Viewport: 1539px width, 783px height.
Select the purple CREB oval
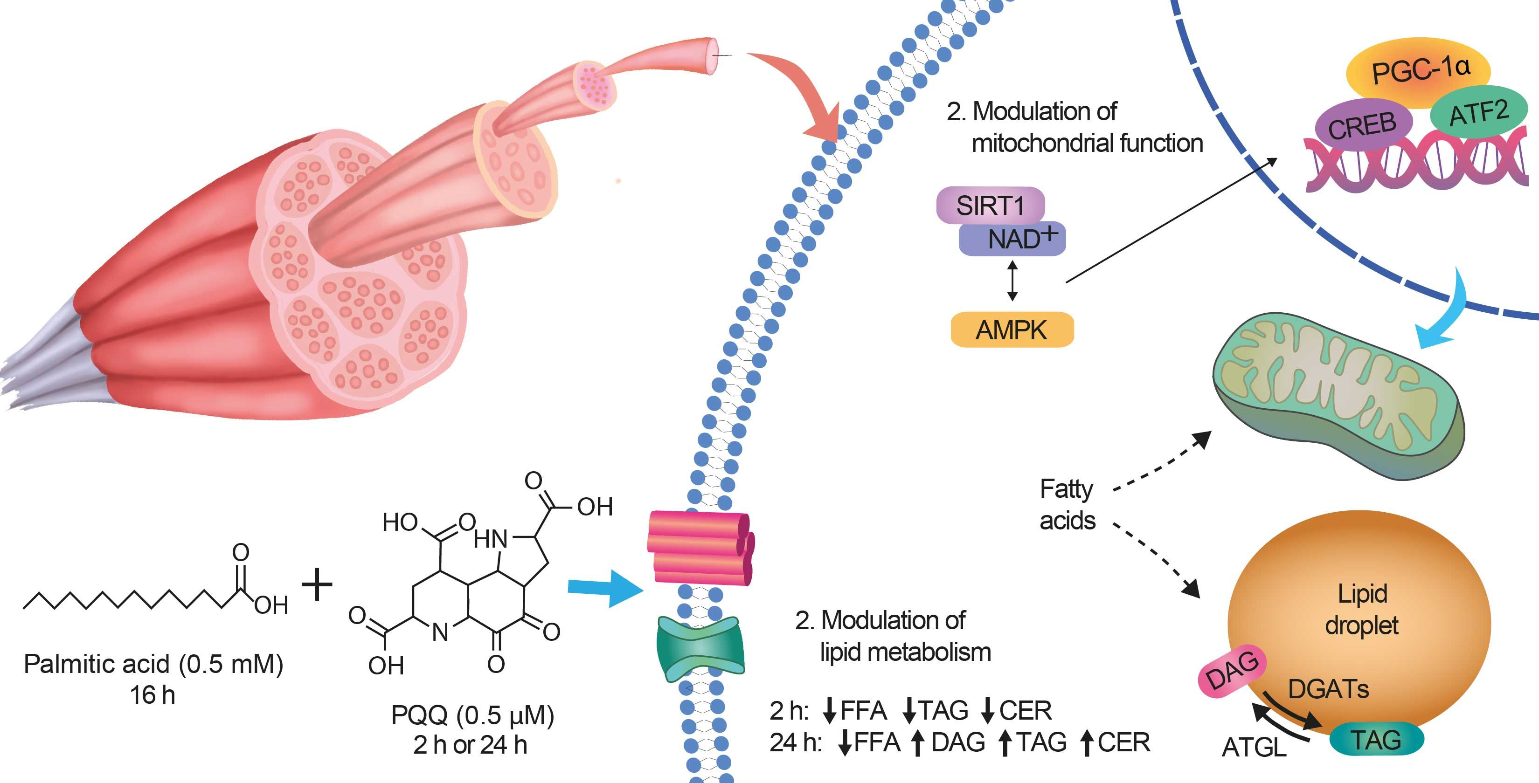pos(1362,125)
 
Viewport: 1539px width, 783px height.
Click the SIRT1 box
pos(990,206)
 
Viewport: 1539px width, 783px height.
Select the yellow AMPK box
pos(1012,330)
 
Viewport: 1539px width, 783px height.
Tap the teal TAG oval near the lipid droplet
pos(1376,739)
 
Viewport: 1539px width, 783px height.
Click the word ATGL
pos(1254,747)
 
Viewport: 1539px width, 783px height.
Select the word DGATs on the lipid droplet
pos(1328,689)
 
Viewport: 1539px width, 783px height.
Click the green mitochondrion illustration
pos(1338,394)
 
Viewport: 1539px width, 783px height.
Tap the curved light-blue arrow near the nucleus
pos(1446,316)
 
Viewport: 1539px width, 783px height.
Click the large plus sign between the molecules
pos(317,584)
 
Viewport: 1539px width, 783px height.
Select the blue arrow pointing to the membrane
pos(603,588)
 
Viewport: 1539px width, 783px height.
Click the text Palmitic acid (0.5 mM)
pos(153,664)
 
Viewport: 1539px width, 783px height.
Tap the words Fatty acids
pos(1067,505)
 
